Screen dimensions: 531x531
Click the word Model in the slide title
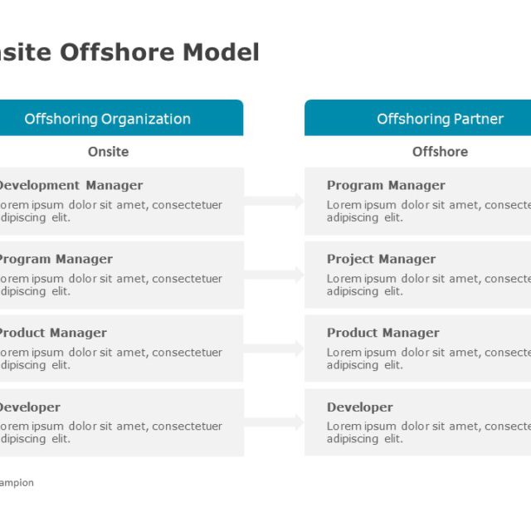click(221, 52)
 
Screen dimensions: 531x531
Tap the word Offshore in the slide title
click(117, 52)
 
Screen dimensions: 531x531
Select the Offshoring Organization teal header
click(108, 119)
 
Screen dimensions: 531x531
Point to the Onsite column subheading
click(108, 152)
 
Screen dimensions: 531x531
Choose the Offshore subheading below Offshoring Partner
click(440, 152)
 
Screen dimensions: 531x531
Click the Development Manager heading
click(70, 185)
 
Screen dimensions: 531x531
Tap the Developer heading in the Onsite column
click(29, 407)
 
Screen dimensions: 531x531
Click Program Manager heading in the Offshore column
click(386, 185)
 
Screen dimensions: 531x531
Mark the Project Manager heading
click(381, 259)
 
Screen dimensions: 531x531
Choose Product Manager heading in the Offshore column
click(382, 333)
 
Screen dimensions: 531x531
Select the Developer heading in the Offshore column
click(359, 407)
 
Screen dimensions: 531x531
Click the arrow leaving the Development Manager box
click(275, 201)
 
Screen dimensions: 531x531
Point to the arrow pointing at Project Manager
click(275, 275)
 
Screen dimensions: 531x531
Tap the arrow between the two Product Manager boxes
click(275, 348)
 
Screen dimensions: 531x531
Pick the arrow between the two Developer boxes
click(275, 422)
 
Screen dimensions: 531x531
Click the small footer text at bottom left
click(17, 483)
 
